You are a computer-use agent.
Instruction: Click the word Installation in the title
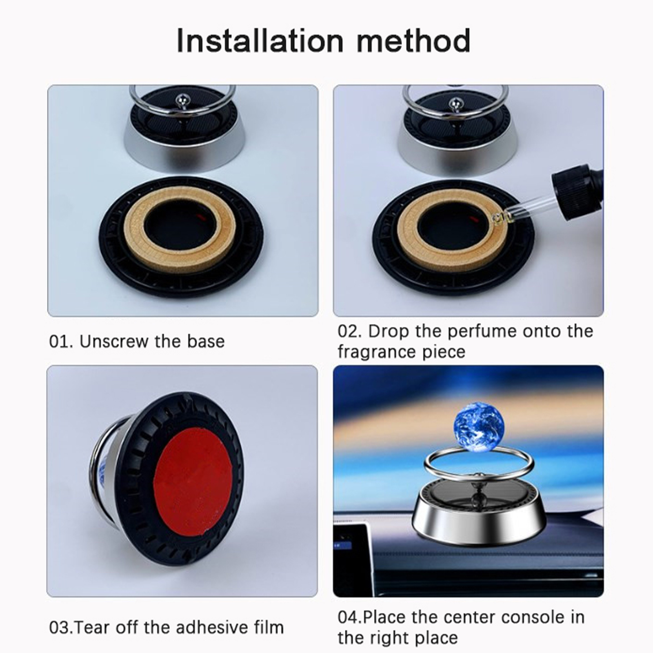260,40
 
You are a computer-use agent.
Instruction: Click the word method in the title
413,40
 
